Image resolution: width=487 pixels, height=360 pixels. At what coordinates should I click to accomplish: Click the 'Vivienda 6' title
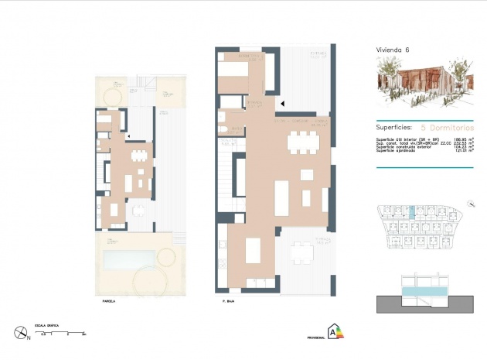[392, 50]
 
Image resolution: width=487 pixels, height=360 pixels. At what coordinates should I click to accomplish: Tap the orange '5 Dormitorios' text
[448, 126]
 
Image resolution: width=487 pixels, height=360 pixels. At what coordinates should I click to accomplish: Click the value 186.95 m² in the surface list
[462, 139]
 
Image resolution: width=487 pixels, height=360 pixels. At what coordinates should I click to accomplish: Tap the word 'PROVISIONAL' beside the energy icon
[315, 338]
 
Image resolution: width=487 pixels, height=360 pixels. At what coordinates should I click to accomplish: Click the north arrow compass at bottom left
[21, 334]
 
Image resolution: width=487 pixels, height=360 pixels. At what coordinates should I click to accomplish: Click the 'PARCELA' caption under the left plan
[108, 301]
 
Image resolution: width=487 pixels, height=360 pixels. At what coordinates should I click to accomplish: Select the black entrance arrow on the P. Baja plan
[282, 103]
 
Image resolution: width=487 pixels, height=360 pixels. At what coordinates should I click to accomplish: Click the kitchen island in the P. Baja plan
[252, 251]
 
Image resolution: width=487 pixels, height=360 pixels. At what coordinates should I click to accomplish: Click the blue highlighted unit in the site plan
[412, 211]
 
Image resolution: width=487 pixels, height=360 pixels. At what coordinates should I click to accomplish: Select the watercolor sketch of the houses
[423, 84]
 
